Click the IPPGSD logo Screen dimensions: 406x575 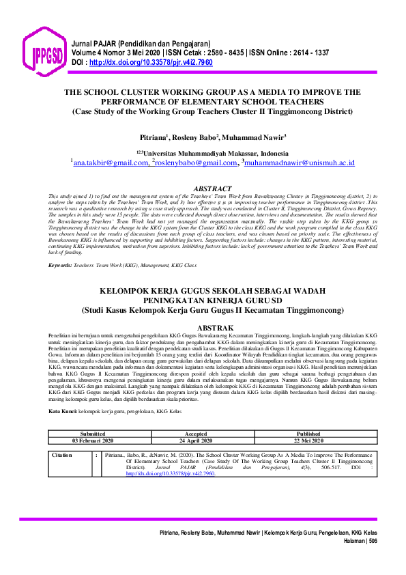point(44,53)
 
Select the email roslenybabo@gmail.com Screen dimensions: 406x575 point(195,163)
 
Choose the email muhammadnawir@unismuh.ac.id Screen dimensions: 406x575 point(289,163)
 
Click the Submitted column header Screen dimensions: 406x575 point(93,434)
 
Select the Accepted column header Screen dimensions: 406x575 point(196,434)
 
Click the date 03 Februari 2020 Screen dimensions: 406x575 point(93,440)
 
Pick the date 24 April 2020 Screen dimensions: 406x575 point(196,440)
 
